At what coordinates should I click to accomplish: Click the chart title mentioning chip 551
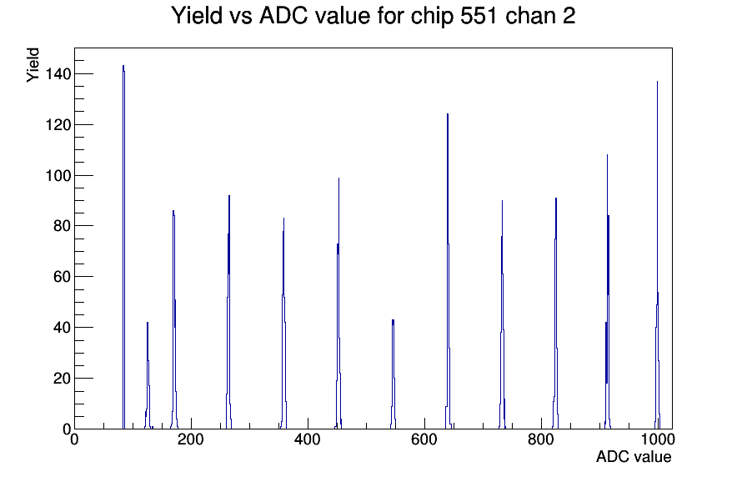pos(373,15)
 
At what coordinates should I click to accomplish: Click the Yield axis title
pos(33,65)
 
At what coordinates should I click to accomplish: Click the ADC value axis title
pos(634,456)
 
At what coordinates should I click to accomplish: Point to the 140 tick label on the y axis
pos(58,74)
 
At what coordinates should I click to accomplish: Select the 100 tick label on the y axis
pos(58,175)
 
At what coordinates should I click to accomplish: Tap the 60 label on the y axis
pos(62,276)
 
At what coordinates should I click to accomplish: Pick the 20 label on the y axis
pos(62,378)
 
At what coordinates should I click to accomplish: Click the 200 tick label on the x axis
pos(191,439)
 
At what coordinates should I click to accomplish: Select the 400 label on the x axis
pos(308,439)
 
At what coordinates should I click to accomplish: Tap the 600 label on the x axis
pos(424,439)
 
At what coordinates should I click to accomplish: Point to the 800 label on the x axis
pos(541,439)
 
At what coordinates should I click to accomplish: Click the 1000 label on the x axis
pos(658,439)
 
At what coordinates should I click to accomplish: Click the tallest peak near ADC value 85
pos(123,66)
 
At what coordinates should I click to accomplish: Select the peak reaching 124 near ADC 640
pos(448,114)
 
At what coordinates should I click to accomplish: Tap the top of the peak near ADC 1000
pos(658,82)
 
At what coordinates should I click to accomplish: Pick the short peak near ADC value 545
pos(393,320)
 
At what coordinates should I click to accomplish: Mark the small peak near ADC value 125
pos(148,323)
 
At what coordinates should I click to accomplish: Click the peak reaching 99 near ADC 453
pos(338,178)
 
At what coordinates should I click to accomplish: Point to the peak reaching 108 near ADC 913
pos(607,155)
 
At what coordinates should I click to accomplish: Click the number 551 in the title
pos(479,15)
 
